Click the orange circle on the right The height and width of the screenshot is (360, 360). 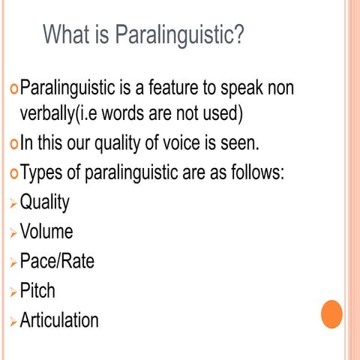click(x=331, y=314)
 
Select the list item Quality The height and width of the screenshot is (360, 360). click(x=44, y=202)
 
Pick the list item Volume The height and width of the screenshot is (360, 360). click(x=46, y=232)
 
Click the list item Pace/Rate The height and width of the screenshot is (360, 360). click(x=57, y=261)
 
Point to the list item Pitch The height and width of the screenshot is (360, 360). click(x=37, y=290)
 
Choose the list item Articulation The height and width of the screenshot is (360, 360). click(x=59, y=320)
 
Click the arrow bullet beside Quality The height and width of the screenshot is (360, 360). click(x=11, y=204)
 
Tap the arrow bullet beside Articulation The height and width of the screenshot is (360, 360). click(x=11, y=322)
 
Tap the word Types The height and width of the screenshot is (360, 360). click(x=43, y=173)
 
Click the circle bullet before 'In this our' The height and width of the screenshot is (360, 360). click(x=11, y=145)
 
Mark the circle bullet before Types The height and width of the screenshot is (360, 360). click(x=11, y=174)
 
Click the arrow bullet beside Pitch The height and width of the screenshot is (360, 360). click(x=11, y=292)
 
